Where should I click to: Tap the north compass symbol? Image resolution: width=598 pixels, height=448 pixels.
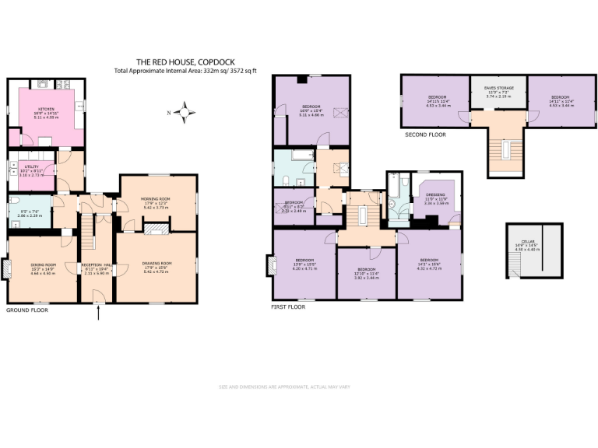[x=185, y=113]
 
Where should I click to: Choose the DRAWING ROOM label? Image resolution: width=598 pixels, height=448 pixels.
[x=157, y=264]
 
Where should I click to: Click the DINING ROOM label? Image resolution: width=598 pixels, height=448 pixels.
[x=43, y=264]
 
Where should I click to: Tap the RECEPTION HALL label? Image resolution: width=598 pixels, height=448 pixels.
[x=97, y=264]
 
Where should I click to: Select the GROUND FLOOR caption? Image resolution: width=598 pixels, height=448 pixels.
[x=27, y=310]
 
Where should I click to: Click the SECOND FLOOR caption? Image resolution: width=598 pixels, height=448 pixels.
[x=425, y=135]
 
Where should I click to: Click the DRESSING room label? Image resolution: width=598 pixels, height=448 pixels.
[x=434, y=194]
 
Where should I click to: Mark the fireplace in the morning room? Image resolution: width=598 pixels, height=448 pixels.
[x=157, y=228]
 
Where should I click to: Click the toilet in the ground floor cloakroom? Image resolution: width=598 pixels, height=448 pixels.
[x=13, y=210]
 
